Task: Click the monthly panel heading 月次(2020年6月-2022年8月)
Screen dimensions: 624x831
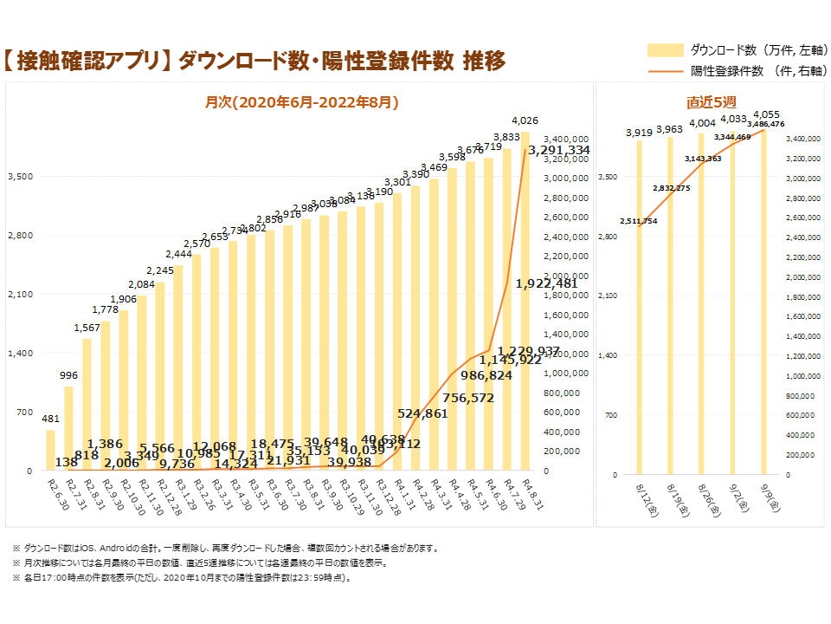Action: click(301, 102)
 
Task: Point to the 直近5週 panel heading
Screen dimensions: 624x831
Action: click(712, 102)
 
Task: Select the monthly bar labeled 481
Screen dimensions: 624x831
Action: click(50, 451)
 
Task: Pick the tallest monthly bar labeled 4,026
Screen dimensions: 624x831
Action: click(525, 303)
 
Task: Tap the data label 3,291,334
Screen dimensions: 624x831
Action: click(559, 150)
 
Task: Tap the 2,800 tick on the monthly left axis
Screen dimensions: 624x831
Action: click(20, 235)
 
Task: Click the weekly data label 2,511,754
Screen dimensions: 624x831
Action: click(639, 221)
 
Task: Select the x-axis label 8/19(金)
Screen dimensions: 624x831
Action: click(676, 501)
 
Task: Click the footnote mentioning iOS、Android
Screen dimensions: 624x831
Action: click(226, 548)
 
